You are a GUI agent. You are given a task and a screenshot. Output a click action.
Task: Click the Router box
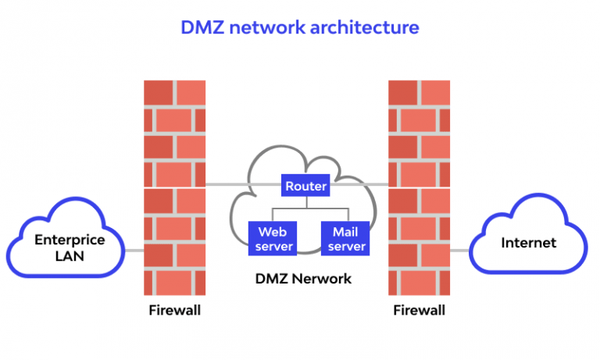pyautogui.click(x=305, y=187)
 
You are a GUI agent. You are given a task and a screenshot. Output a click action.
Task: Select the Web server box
pyautogui.click(x=273, y=239)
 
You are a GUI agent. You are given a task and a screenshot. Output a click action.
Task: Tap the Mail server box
pyautogui.click(x=345, y=239)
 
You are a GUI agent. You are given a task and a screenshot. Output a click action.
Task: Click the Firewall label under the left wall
pyautogui.click(x=174, y=310)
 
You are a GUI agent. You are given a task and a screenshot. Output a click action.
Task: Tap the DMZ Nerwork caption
pyautogui.click(x=304, y=278)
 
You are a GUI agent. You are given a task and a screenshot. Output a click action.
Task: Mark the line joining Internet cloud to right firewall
pyautogui.click(x=460, y=251)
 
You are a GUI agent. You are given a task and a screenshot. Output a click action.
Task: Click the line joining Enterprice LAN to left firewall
pyautogui.click(x=134, y=251)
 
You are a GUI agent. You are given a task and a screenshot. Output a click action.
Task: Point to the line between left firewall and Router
pyautogui.click(x=242, y=185)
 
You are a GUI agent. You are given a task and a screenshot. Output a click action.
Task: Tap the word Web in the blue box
pyautogui.click(x=273, y=232)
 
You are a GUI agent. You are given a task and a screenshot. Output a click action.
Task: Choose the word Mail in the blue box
pyautogui.click(x=345, y=232)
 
